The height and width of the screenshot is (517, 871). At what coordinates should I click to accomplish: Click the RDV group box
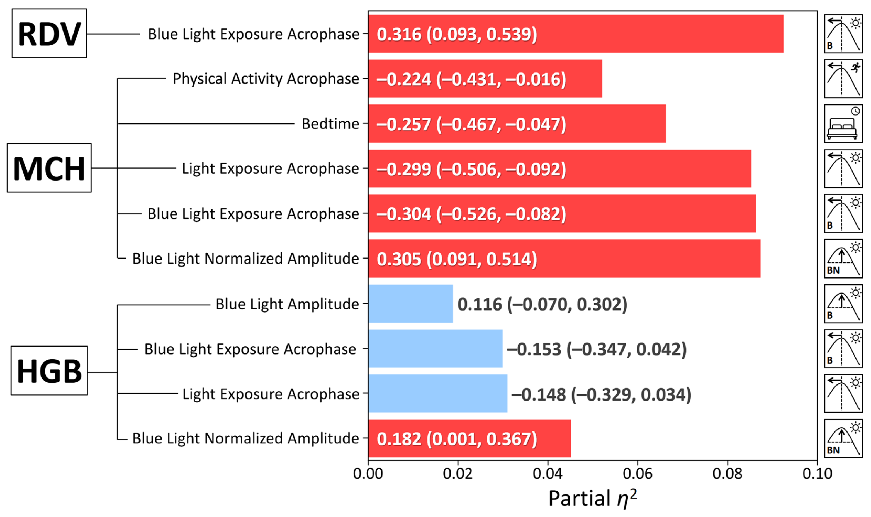tap(49, 33)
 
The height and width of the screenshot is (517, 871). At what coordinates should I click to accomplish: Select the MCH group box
tap(49, 168)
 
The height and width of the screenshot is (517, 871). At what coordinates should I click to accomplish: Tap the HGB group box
tap(49, 371)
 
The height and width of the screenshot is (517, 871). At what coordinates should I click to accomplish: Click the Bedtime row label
tap(330, 124)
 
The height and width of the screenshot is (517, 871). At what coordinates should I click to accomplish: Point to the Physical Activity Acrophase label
tap(266, 79)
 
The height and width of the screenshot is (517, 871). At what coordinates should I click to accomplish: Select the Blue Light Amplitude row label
tap(287, 304)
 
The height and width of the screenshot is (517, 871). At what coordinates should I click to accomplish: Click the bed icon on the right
tap(843, 124)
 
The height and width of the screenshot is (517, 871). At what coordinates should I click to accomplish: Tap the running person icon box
tap(843, 79)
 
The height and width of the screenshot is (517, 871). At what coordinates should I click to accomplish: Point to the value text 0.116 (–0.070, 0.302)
tap(542, 304)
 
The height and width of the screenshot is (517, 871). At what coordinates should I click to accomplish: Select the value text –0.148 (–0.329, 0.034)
tap(601, 394)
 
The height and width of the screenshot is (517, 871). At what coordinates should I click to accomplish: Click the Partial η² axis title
tap(592, 498)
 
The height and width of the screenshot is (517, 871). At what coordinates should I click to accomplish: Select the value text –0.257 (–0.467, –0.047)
tap(471, 124)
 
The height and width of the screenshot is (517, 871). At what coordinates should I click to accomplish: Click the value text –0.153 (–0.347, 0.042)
tap(597, 349)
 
